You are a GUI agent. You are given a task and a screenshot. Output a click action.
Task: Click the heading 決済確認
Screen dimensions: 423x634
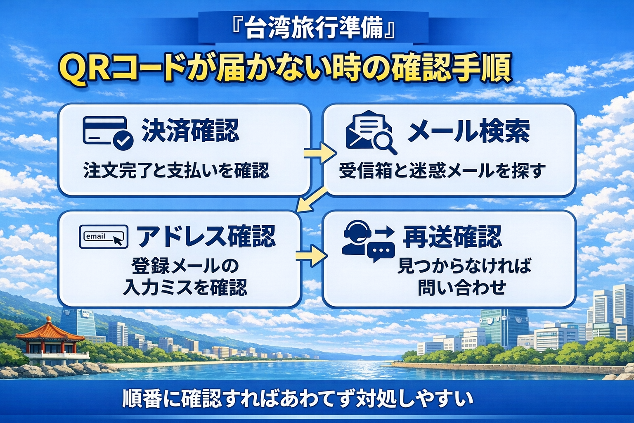(190, 131)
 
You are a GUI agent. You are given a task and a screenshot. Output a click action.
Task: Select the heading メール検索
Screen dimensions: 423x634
(468, 131)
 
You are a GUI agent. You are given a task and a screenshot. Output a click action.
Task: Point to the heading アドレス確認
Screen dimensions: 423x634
(206, 237)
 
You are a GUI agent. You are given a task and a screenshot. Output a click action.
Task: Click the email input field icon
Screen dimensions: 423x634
(103, 237)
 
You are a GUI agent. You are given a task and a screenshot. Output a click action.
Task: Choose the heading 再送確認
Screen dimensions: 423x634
(452, 237)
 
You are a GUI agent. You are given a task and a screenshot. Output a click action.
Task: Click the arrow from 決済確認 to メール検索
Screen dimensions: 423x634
(320, 154)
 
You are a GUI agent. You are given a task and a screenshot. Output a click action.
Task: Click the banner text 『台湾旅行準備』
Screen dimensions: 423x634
(314, 28)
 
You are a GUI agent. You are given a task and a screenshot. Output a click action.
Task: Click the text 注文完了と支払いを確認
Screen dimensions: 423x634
(176, 170)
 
